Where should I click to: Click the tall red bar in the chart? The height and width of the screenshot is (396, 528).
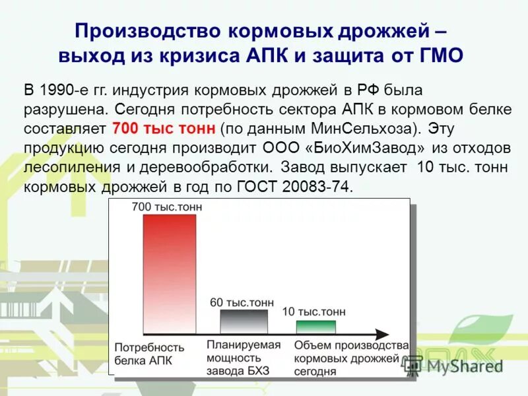click(170, 274)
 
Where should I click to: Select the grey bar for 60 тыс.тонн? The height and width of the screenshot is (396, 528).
click(244, 321)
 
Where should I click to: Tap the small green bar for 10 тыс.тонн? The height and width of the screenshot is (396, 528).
click(315, 326)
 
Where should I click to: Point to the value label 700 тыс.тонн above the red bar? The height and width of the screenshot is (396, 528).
click(167, 207)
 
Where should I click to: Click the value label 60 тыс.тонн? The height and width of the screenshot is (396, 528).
click(241, 302)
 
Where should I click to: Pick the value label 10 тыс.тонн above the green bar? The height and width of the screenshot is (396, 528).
click(313, 312)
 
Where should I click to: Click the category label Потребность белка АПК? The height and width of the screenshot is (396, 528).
click(149, 353)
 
